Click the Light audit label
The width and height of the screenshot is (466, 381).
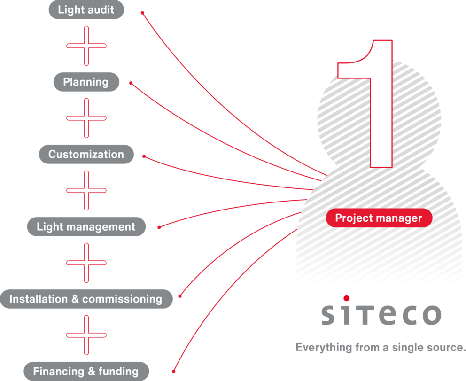86,9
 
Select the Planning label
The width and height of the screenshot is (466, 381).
86,82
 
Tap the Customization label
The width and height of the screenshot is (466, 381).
86,155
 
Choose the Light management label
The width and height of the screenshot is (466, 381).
86,227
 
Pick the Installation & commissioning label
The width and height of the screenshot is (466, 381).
86,299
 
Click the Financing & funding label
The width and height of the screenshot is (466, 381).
86,372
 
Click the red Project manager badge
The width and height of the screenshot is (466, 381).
379,218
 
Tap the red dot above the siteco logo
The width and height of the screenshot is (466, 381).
347,298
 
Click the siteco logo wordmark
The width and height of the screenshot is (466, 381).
381,315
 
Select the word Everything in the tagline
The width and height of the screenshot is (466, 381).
324,348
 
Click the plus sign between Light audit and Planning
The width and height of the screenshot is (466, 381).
86,46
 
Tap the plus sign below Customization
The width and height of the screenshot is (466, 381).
86,191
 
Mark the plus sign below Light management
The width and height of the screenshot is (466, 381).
86,263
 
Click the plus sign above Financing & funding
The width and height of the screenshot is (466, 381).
86,335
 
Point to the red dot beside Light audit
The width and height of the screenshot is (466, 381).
142,13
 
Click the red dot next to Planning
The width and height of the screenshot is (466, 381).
131,83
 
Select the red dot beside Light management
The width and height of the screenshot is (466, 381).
159,227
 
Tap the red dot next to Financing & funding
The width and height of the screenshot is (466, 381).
174,371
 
